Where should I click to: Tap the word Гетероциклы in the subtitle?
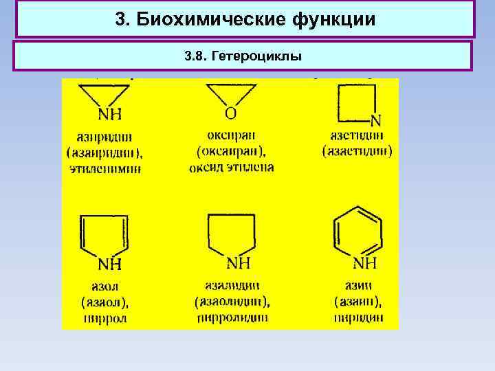click(260, 56)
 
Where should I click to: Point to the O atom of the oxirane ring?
click(230, 112)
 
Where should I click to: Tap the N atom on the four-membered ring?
click(375, 121)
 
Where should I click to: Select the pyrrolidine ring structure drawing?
click(232, 234)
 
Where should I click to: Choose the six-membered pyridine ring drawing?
click(357, 234)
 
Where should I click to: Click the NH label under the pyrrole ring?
click(110, 265)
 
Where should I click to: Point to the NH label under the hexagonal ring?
click(364, 263)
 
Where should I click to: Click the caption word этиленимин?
click(105, 168)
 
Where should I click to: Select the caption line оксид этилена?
click(231, 167)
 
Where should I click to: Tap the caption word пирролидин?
click(232, 317)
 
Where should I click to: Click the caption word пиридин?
click(358, 317)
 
